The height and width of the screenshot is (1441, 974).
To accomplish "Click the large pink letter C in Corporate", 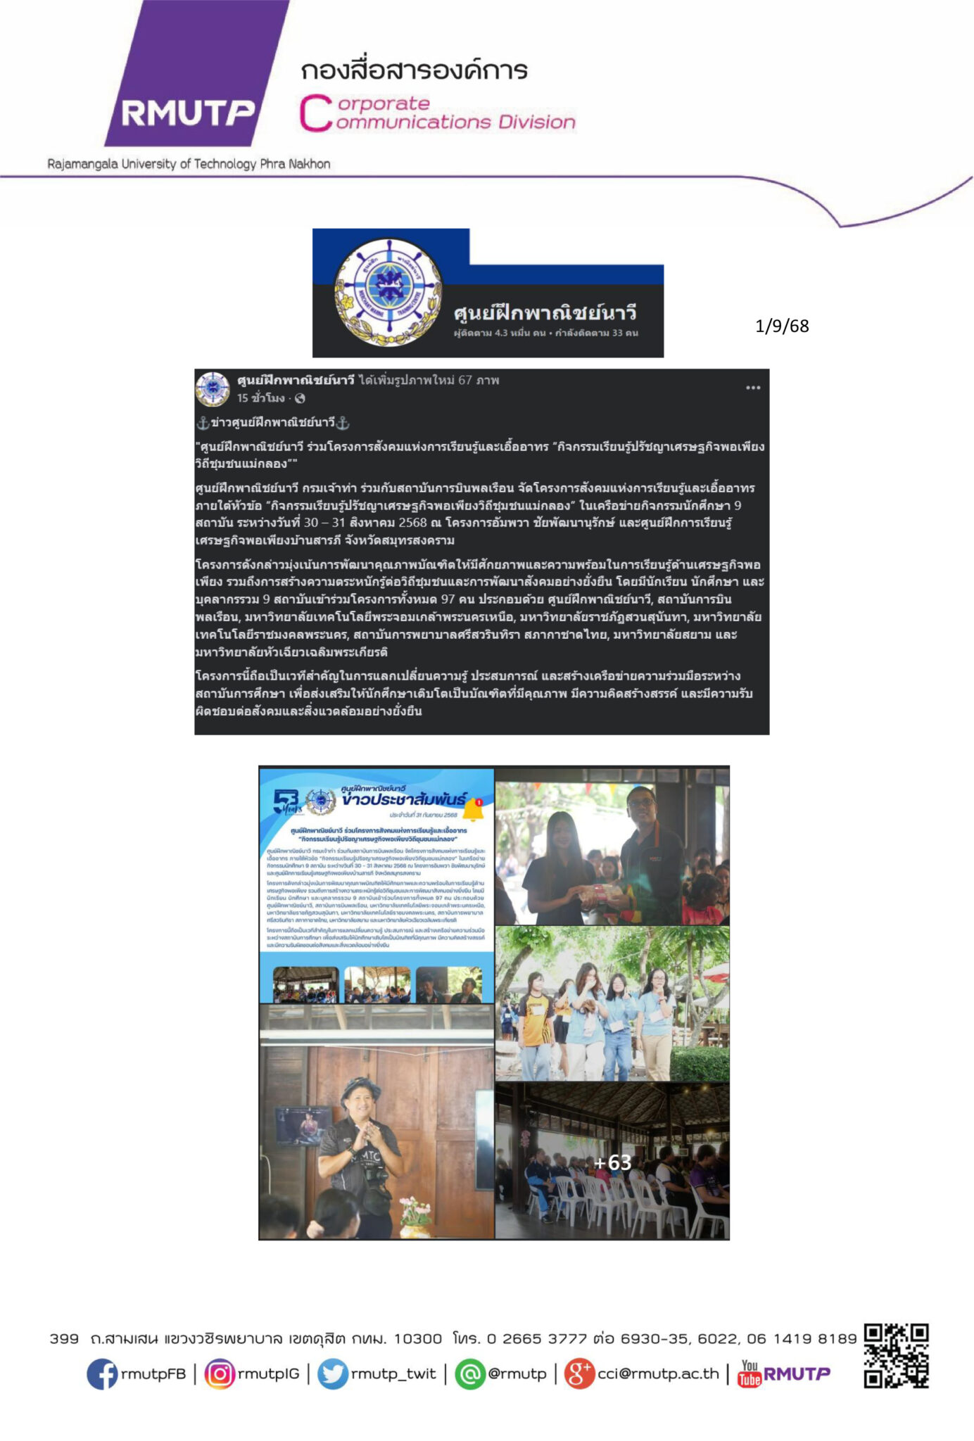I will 314,114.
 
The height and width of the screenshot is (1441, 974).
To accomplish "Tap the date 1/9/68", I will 782,326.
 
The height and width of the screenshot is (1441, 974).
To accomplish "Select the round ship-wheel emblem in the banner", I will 388,292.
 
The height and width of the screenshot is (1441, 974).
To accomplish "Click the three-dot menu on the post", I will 753,388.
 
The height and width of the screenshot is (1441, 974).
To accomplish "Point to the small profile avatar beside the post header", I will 213,389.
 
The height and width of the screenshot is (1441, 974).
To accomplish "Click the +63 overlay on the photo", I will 612,1162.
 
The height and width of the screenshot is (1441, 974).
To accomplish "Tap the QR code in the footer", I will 896,1356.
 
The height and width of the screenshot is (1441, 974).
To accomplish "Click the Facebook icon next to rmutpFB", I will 102,1373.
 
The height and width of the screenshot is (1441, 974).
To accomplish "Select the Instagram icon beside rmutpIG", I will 220,1373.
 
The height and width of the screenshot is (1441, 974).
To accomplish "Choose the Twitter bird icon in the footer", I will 332,1373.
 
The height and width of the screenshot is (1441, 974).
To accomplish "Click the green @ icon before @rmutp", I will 470,1373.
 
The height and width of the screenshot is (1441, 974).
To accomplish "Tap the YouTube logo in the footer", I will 750,1373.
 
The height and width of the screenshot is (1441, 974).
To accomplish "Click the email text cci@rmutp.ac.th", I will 658,1373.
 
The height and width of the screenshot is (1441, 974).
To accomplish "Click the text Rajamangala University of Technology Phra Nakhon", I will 189,164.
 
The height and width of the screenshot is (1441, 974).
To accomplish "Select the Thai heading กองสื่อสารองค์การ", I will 414,70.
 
